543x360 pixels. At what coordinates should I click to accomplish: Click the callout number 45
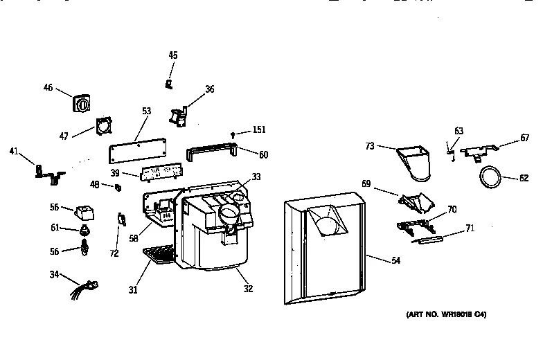(173, 55)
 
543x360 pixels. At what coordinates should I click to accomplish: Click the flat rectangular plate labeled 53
(139, 149)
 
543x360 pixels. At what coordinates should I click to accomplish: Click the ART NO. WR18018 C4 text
(447, 314)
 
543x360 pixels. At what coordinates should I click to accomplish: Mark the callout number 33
(256, 177)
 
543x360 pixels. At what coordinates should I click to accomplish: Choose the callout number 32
(247, 289)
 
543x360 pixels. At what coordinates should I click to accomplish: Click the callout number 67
(525, 138)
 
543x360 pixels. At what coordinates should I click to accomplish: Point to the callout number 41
(14, 151)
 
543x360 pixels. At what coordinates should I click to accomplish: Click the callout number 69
(366, 185)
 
